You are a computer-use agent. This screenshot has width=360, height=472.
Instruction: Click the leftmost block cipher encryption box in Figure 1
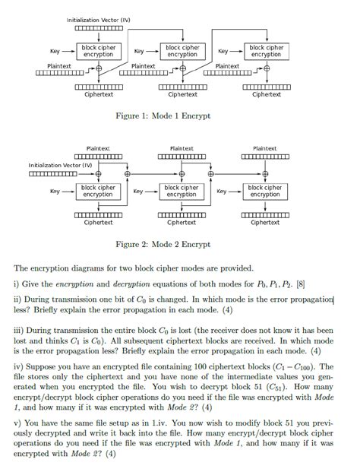point(98,51)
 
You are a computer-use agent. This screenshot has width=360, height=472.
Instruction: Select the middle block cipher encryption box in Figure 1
point(182,51)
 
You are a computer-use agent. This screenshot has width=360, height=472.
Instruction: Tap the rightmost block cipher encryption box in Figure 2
point(265,191)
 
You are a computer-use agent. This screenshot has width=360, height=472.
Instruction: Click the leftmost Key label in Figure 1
point(55,52)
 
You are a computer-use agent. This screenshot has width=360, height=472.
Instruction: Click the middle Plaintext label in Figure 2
point(182,148)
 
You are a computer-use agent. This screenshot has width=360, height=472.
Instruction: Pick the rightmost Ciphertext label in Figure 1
point(266,95)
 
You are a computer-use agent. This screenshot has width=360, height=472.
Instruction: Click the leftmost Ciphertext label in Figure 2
point(99,223)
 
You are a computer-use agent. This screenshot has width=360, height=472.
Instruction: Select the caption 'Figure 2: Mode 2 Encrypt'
point(162,245)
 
